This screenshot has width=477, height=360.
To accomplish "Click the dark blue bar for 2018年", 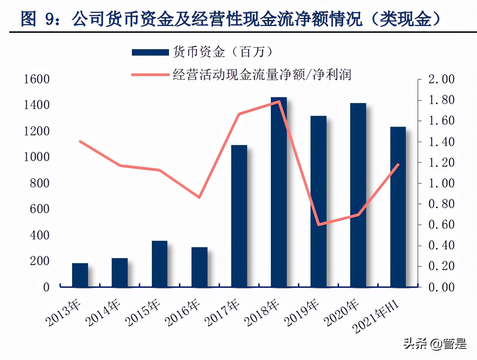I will (279, 192).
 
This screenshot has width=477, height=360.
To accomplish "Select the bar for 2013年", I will (80, 275).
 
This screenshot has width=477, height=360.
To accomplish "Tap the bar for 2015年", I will (159, 264).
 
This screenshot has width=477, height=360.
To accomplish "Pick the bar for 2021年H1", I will (398, 207).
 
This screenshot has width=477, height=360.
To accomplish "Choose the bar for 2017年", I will (239, 216).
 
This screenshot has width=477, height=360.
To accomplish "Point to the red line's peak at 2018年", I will (279, 101).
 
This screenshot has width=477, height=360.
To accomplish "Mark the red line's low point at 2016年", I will (199, 197).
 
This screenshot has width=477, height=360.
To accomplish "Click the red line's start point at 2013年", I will (80, 142).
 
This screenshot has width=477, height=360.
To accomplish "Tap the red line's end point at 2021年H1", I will (398, 164).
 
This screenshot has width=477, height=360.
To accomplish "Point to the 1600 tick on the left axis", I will (36, 79).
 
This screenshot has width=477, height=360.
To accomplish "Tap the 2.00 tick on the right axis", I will (441, 79).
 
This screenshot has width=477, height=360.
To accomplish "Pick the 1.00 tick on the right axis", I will (441, 183).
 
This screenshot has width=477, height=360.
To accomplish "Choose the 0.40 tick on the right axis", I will (441, 245).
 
